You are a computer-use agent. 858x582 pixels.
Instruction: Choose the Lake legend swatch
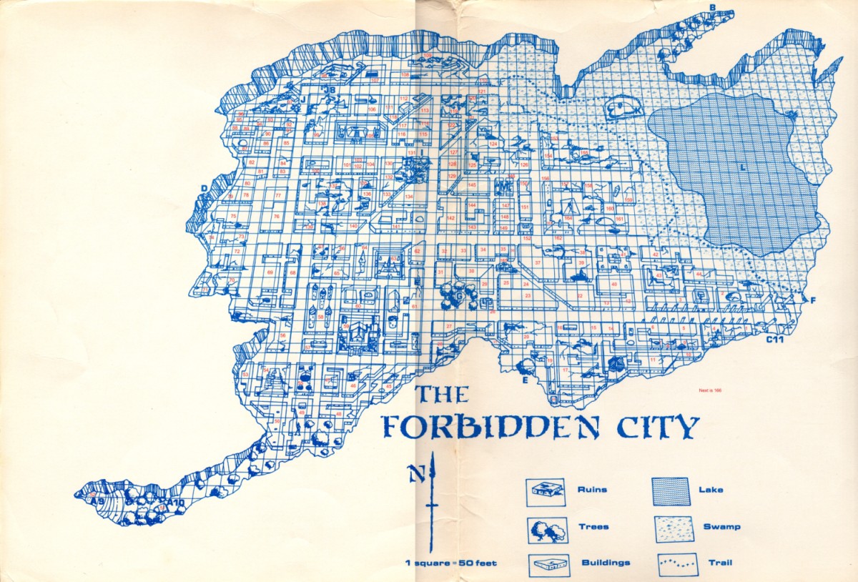coord(671,491)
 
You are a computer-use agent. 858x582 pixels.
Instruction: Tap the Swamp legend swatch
coord(671,528)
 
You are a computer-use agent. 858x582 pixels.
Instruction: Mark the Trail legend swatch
coord(671,563)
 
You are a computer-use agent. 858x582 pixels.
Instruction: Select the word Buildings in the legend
coord(604,563)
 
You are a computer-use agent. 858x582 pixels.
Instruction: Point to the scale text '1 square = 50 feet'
coord(450,563)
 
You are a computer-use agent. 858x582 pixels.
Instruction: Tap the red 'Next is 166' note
coord(715,390)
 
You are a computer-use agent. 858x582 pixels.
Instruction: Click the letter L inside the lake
coord(743,167)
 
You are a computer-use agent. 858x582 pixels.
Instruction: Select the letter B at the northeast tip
coord(712,8)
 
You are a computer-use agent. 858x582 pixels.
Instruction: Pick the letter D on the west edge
coord(204,189)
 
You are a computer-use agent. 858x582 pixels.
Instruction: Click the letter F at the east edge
coord(813,300)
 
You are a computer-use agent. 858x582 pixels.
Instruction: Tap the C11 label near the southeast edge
coord(776,340)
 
